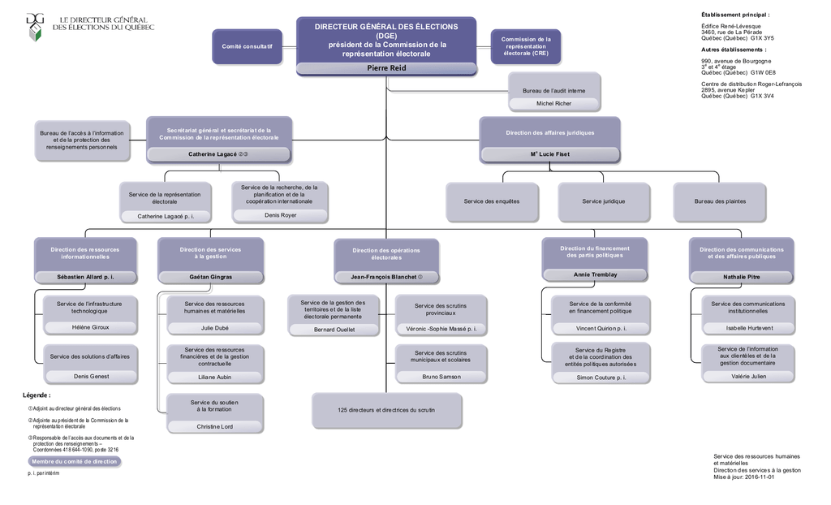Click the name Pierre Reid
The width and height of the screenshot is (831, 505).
386,68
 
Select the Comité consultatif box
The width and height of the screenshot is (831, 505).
247,46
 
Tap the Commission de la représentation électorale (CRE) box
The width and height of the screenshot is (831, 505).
526,46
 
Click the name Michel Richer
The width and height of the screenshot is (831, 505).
554,104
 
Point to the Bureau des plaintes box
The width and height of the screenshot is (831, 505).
720,201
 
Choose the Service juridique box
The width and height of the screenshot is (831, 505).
604,201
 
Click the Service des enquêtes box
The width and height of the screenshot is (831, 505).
492,201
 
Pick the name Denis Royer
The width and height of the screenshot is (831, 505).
281,215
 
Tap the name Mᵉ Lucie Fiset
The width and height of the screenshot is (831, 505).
549,153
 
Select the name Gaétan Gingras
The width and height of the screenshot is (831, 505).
211,277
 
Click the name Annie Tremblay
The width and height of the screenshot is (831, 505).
595,274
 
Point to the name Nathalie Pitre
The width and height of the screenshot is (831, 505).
742,277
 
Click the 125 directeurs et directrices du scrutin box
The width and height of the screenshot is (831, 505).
387,410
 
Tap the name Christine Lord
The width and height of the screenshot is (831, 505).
214,426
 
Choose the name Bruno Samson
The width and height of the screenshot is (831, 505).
441,377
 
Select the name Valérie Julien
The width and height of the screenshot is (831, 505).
747,377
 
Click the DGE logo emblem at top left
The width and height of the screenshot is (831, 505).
35,26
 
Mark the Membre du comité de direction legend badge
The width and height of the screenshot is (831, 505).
74,461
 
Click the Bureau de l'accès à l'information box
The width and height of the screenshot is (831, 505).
82,140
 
